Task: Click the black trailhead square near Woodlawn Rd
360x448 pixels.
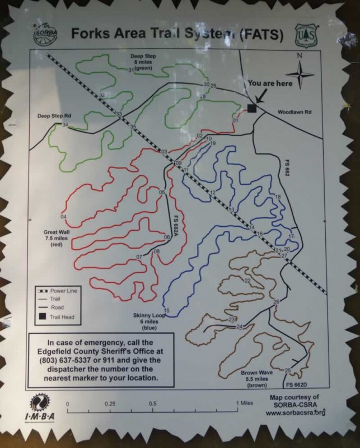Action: tap(251, 108)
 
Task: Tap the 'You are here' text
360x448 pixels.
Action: tap(270, 83)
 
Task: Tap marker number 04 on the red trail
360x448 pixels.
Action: tap(63, 217)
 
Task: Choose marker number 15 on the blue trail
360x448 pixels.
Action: tap(166, 310)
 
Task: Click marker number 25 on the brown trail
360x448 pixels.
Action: tap(288, 370)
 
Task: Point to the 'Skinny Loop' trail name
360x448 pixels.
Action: tap(148, 316)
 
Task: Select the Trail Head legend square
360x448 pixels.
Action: tap(41, 317)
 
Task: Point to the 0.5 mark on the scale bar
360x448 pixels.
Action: tap(152, 403)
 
